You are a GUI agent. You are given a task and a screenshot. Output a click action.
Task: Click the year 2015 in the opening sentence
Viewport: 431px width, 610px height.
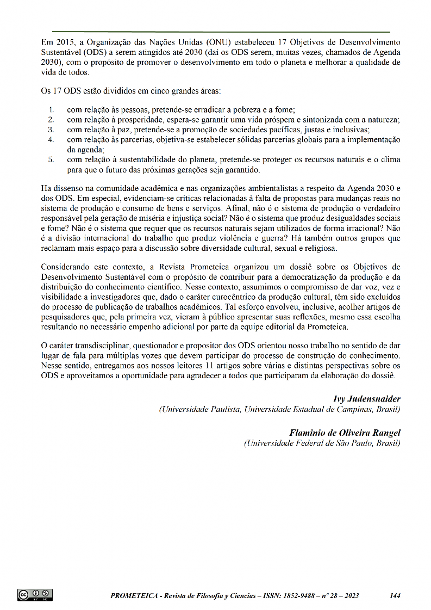(63, 42)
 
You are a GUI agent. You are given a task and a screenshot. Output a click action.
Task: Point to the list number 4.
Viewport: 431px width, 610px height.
(51, 139)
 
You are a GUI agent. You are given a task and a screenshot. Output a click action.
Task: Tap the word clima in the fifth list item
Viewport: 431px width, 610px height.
(390, 159)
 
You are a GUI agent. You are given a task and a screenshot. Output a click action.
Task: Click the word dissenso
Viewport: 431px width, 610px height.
(67, 188)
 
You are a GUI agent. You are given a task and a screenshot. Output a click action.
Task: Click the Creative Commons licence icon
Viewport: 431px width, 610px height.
(35, 595)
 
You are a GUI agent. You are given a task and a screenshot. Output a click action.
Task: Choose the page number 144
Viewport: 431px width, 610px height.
(395, 596)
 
